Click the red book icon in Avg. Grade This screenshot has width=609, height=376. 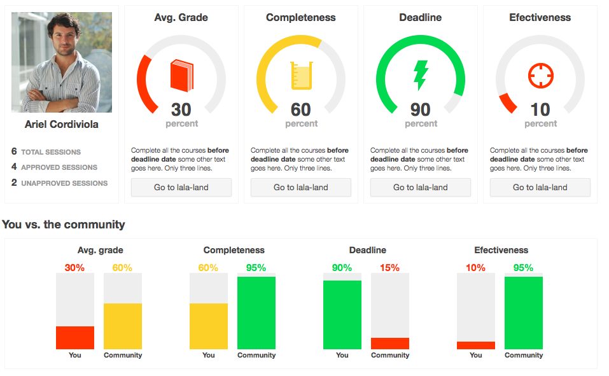(181, 75)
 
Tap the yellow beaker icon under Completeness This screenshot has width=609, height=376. (301, 75)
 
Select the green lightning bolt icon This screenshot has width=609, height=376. (421, 75)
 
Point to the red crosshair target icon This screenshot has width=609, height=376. (541, 76)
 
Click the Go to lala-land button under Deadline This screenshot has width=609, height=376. (421, 188)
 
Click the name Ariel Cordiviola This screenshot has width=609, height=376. (62, 125)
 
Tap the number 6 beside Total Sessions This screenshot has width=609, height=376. (14, 151)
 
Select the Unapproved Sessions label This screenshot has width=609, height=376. (64, 183)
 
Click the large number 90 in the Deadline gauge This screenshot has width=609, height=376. (421, 109)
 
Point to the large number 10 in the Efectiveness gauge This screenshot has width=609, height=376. (540, 109)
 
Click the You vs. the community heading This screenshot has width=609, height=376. (64, 225)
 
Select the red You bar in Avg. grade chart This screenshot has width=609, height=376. (75, 338)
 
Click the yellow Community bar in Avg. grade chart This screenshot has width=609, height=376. (123, 326)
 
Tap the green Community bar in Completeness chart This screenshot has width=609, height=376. (256, 313)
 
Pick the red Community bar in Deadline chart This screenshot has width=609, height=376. (390, 344)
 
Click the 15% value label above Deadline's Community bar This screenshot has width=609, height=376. (390, 268)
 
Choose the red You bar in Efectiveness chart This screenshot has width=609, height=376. (476, 345)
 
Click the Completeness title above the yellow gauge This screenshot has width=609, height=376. (301, 18)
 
